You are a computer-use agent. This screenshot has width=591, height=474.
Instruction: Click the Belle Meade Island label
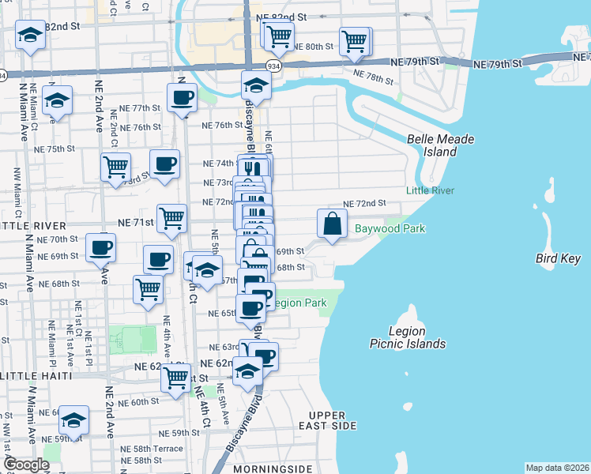tap(440, 145)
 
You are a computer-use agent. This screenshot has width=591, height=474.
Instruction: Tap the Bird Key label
tap(558, 258)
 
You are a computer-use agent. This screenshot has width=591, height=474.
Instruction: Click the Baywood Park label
tap(390, 229)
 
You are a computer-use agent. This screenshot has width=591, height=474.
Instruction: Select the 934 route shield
tap(273, 66)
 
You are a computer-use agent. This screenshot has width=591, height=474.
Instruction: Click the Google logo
tap(26, 465)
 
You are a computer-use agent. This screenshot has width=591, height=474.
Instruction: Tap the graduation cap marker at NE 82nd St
tap(31, 36)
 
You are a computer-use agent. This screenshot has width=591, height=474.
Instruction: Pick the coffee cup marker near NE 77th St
tap(182, 99)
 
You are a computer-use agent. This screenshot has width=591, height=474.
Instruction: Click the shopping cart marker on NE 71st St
tap(171, 218)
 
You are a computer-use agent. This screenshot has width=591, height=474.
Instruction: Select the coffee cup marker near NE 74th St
tap(164, 164)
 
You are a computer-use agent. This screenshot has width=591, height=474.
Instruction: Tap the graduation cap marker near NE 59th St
tap(74, 419)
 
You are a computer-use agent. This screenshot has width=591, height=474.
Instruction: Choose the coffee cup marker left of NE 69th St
tap(101, 246)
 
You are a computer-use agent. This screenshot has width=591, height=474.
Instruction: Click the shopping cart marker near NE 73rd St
tap(115, 167)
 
